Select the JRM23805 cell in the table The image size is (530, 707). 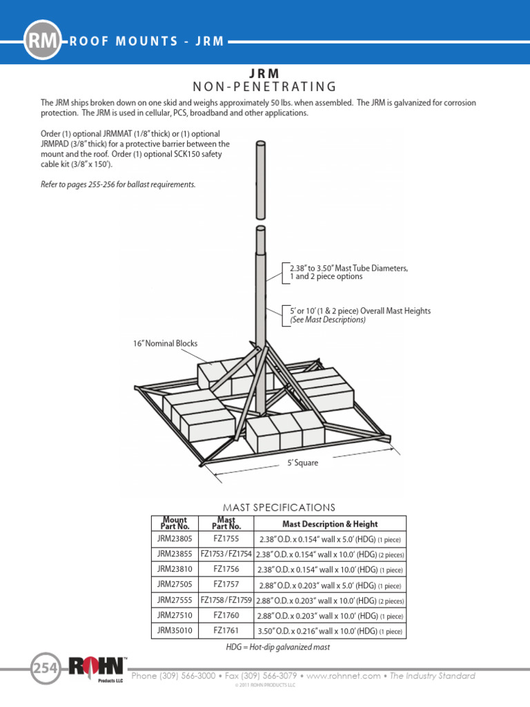(x=174, y=539)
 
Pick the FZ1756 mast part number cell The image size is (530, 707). (x=226, y=569)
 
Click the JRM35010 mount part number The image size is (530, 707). (x=174, y=630)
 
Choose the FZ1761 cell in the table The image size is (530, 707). (x=226, y=630)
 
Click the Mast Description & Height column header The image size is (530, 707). (x=330, y=523)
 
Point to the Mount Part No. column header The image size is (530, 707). (x=174, y=523)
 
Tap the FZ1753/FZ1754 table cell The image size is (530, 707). (x=226, y=554)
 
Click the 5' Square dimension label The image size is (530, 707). (x=303, y=463)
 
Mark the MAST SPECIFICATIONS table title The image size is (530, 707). (x=279, y=507)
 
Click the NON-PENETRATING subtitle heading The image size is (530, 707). (x=265, y=86)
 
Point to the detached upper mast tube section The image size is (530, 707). (x=260, y=180)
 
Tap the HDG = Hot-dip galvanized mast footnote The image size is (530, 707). (x=278, y=647)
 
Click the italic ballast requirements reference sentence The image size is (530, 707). (x=118, y=184)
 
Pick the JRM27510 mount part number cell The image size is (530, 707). (x=174, y=615)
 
